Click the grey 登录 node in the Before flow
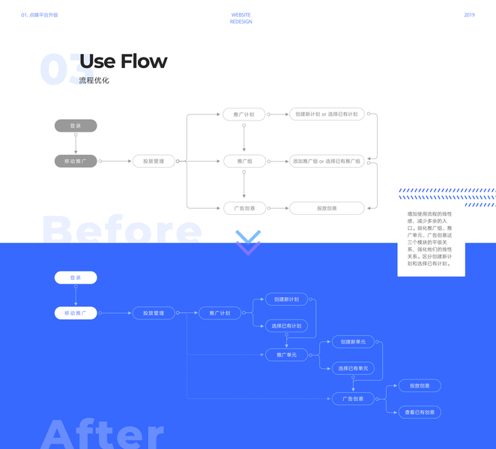(x=76, y=126)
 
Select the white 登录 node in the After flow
(x=76, y=278)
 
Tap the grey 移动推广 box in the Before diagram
(x=76, y=161)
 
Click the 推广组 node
(x=244, y=161)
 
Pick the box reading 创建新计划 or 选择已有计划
(x=327, y=114)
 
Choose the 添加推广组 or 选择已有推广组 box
(x=327, y=161)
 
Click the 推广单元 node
(x=286, y=355)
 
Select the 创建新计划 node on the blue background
(x=286, y=299)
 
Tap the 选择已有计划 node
(x=286, y=326)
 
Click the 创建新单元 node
(x=353, y=342)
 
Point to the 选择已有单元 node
(x=353, y=367)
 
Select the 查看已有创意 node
(x=420, y=412)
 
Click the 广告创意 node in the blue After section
(x=353, y=399)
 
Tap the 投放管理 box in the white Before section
(x=154, y=161)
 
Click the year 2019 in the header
(x=469, y=15)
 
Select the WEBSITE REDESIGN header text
(x=241, y=19)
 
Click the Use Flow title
(x=123, y=61)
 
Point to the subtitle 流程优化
(x=94, y=80)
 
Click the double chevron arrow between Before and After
(x=248, y=242)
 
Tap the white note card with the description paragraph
(x=431, y=239)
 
